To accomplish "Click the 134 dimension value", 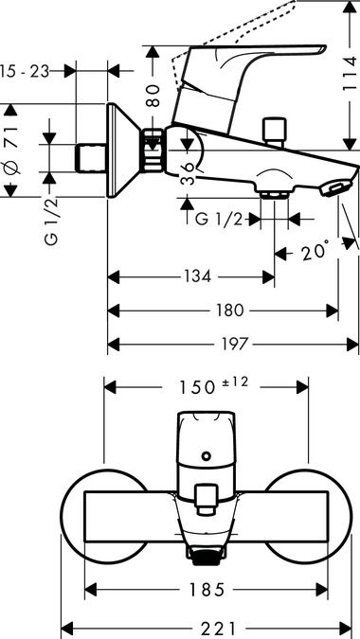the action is [x=197, y=277].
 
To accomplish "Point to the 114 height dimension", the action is [x=351, y=74].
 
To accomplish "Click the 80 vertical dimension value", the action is [x=153, y=97].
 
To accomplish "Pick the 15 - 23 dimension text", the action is [x=25, y=71].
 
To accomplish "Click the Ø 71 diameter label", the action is [x=11, y=150].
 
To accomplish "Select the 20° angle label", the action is [x=315, y=252].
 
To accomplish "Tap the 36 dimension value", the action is [x=188, y=174].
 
